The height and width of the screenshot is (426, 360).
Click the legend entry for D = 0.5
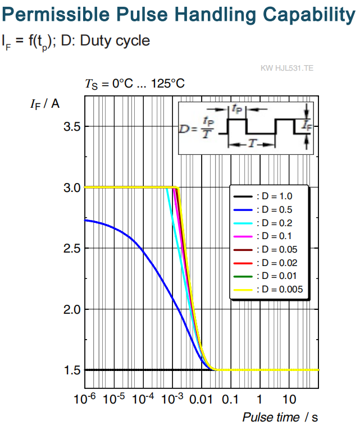coord(263,209)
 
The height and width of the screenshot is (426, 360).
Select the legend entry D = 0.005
coord(268,290)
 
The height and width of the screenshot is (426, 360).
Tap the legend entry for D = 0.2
coord(263,223)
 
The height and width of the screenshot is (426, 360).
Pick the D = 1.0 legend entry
coord(263,196)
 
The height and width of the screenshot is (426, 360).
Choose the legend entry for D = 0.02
coord(266,263)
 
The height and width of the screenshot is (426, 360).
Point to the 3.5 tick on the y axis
coord(72,127)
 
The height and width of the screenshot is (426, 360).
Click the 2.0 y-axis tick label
coord(72,309)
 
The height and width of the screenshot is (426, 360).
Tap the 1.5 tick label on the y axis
coord(72,370)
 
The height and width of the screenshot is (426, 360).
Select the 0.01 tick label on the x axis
coord(201,400)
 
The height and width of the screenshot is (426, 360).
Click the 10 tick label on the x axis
coord(289,400)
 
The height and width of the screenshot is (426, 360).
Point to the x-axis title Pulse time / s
coord(280,417)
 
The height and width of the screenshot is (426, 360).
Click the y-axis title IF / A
coord(45,104)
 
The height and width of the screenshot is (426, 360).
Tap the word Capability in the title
coord(309,15)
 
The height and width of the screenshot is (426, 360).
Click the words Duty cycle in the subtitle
coord(115,41)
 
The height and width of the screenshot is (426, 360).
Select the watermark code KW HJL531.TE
coord(287,68)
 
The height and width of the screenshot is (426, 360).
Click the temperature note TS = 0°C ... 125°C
coord(135,84)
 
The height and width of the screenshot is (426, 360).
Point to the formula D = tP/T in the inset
coord(197,128)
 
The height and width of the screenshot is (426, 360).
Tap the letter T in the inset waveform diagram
coord(252,143)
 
